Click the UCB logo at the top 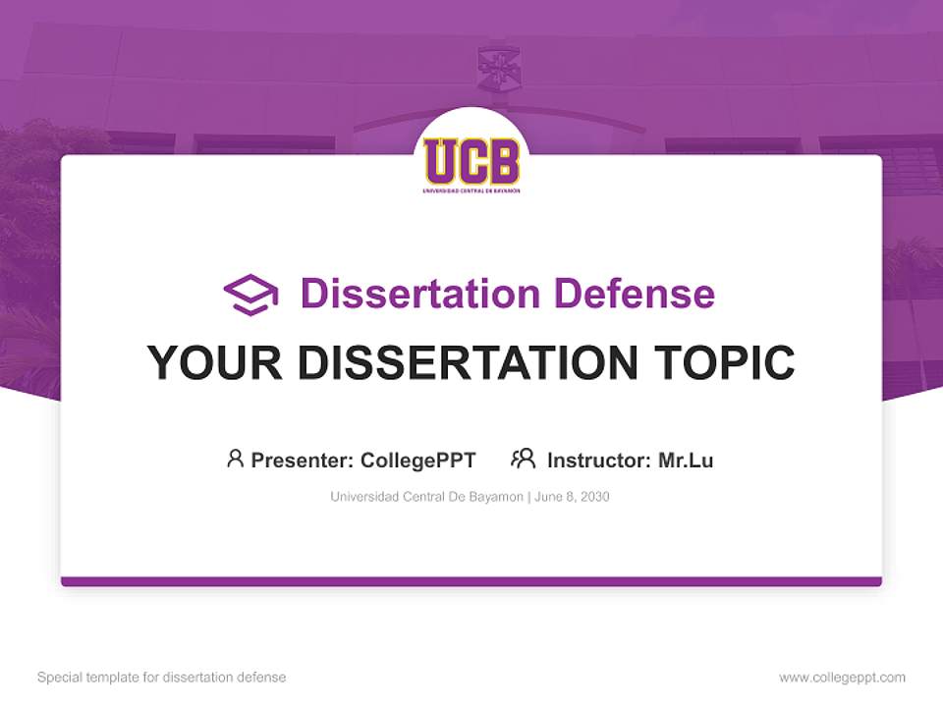point(471,162)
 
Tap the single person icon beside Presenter point(235,459)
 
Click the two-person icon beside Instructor point(523,459)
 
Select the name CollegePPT point(418,461)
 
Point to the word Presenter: point(303,461)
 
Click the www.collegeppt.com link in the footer point(842,678)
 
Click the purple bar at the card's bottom point(471,581)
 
